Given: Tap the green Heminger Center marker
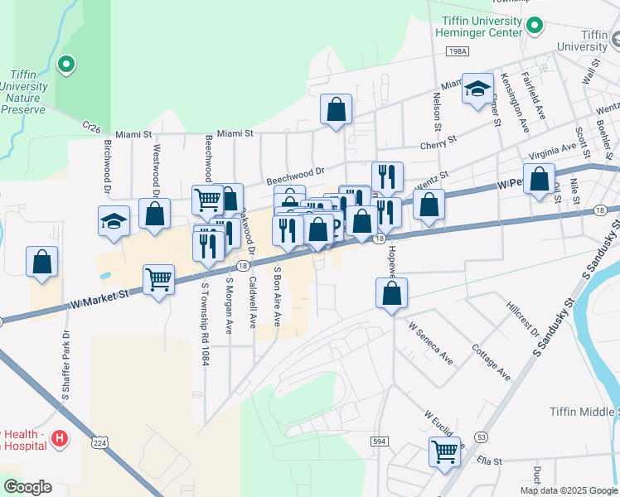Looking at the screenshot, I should coord(535,26).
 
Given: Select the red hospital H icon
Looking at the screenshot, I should coord(59,438).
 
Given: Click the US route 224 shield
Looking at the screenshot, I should coord(100,443).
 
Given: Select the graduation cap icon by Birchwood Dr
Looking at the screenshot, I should coord(114,222).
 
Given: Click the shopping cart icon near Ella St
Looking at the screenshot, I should coord(444,452).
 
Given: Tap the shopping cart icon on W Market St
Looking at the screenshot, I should coord(158,279).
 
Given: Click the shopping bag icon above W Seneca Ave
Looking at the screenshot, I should coord(391,293).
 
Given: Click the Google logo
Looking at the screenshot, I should coord(27,486).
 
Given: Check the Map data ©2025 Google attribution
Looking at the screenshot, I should coord(569,490).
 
